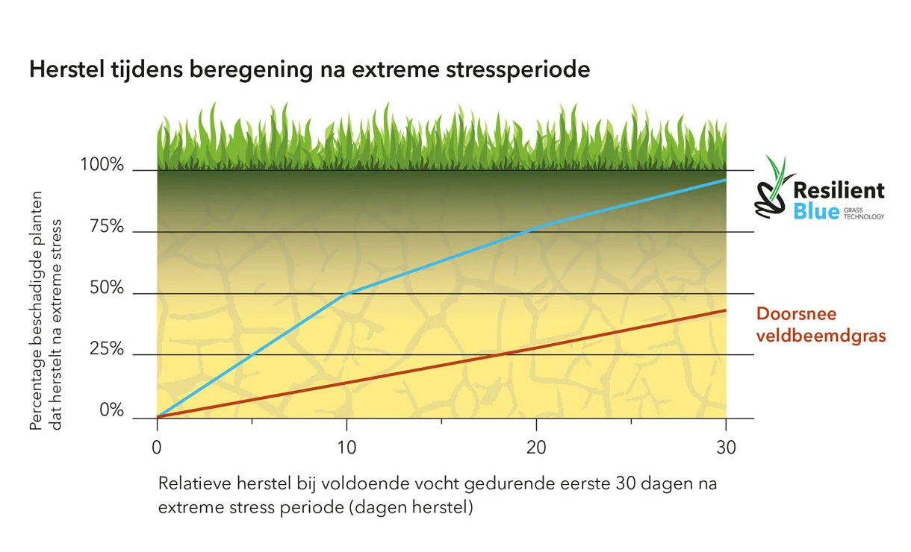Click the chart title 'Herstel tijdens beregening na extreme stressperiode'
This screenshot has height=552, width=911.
[310, 70]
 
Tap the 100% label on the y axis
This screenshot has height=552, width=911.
[102, 165]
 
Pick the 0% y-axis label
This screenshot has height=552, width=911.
[111, 411]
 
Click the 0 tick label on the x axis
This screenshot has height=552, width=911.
[157, 448]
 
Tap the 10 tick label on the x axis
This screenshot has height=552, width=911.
[346, 448]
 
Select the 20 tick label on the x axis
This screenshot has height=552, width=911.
[535, 448]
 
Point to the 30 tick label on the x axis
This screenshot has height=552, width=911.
[725, 448]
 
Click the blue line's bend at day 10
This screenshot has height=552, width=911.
[346, 293]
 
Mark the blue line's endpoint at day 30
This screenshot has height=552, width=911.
[726, 181]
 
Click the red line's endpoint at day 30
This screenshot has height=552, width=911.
[726, 310]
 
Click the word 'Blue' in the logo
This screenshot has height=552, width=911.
[816, 212]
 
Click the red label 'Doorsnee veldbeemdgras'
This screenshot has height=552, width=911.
[821, 324]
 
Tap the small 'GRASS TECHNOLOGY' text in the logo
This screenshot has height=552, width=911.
[864, 213]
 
